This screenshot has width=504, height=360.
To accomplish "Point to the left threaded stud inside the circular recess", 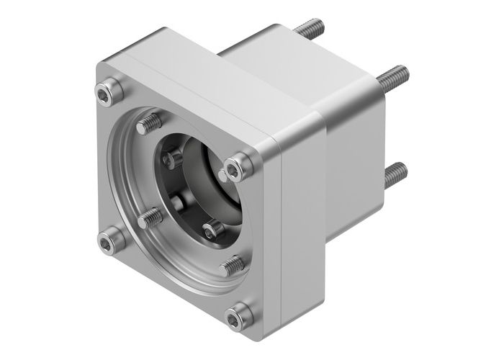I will tap(148, 217).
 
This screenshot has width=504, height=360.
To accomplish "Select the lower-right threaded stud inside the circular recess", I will tap(232, 266).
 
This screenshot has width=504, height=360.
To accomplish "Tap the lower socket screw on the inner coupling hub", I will tap(212, 230).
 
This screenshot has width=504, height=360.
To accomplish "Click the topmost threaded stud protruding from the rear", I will tap(309, 31).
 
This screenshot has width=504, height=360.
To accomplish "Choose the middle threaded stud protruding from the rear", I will tap(393, 73).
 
